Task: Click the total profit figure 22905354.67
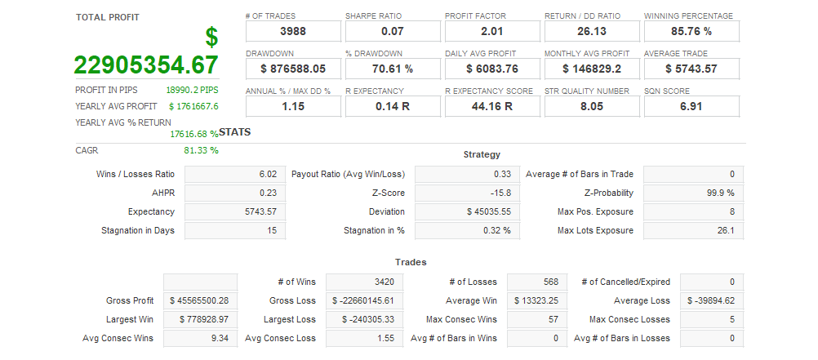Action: (146, 65)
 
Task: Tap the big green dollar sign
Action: (211, 37)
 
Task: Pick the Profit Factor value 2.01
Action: (491, 31)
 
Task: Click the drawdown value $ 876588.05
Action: (292, 69)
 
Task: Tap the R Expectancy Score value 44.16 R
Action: (491, 106)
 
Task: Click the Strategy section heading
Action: (482, 154)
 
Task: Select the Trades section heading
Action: (411, 262)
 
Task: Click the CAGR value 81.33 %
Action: (202, 150)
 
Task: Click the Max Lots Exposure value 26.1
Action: (725, 230)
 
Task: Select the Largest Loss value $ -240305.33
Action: (369, 319)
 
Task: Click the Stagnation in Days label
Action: (138, 230)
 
